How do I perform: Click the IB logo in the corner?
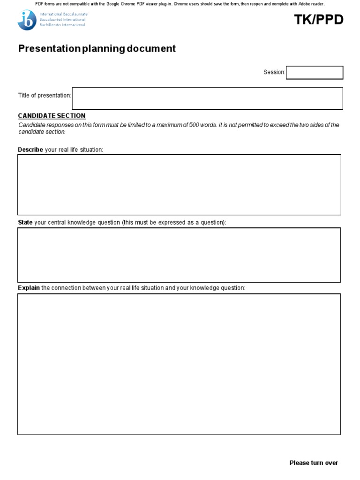coord(26,20)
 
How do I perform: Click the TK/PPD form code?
coord(319,20)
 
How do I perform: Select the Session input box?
coord(315,73)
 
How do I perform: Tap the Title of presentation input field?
coord(207,98)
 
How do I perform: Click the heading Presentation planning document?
coord(97,49)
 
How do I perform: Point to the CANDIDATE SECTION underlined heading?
coord(52,116)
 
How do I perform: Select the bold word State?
coord(25,222)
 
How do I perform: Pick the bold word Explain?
coord(29,288)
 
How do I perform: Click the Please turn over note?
coord(314,463)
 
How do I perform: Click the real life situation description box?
coord(179,185)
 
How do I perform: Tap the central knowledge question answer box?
coord(179,255)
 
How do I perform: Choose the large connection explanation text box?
coord(179,364)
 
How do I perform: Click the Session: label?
coord(274,72)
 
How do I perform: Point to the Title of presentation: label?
coord(45,96)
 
